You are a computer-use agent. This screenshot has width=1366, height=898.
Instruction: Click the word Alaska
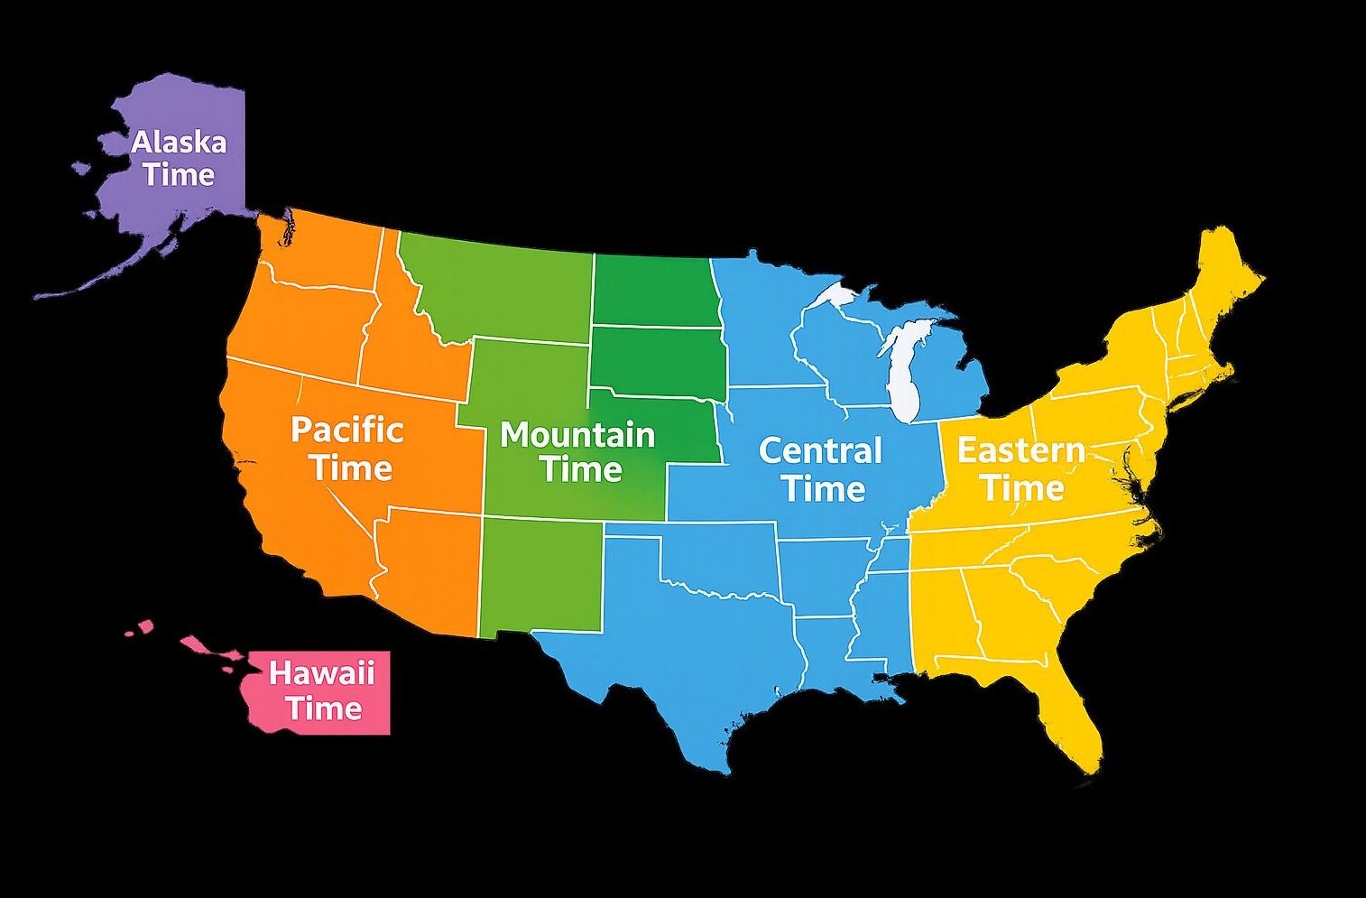click(x=179, y=143)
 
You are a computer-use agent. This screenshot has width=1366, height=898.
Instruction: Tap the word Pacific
click(x=346, y=430)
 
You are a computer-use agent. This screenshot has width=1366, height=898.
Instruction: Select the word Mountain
click(x=577, y=435)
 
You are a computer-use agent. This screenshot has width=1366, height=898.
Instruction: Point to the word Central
click(x=820, y=450)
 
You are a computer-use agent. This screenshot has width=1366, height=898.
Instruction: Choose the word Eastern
click(x=1020, y=449)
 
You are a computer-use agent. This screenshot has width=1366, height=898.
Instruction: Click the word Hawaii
click(x=321, y=672)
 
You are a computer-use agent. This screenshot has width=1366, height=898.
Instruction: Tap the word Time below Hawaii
click(x=324, y=708)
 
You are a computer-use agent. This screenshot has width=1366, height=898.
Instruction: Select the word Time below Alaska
click(x=179, y=174)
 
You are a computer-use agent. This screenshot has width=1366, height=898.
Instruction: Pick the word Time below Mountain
click(x=582, y=469)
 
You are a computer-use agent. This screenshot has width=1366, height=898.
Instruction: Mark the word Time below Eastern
click(x=1022, y=488)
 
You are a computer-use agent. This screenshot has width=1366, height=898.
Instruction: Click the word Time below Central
click(x=824, y=488)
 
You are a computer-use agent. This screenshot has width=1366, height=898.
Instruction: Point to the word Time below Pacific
click(x=351, y=468)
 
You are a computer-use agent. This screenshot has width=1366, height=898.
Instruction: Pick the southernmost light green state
click(x=540, y=575)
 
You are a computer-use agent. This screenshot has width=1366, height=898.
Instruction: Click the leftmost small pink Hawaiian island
click(x=130, y=632)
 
